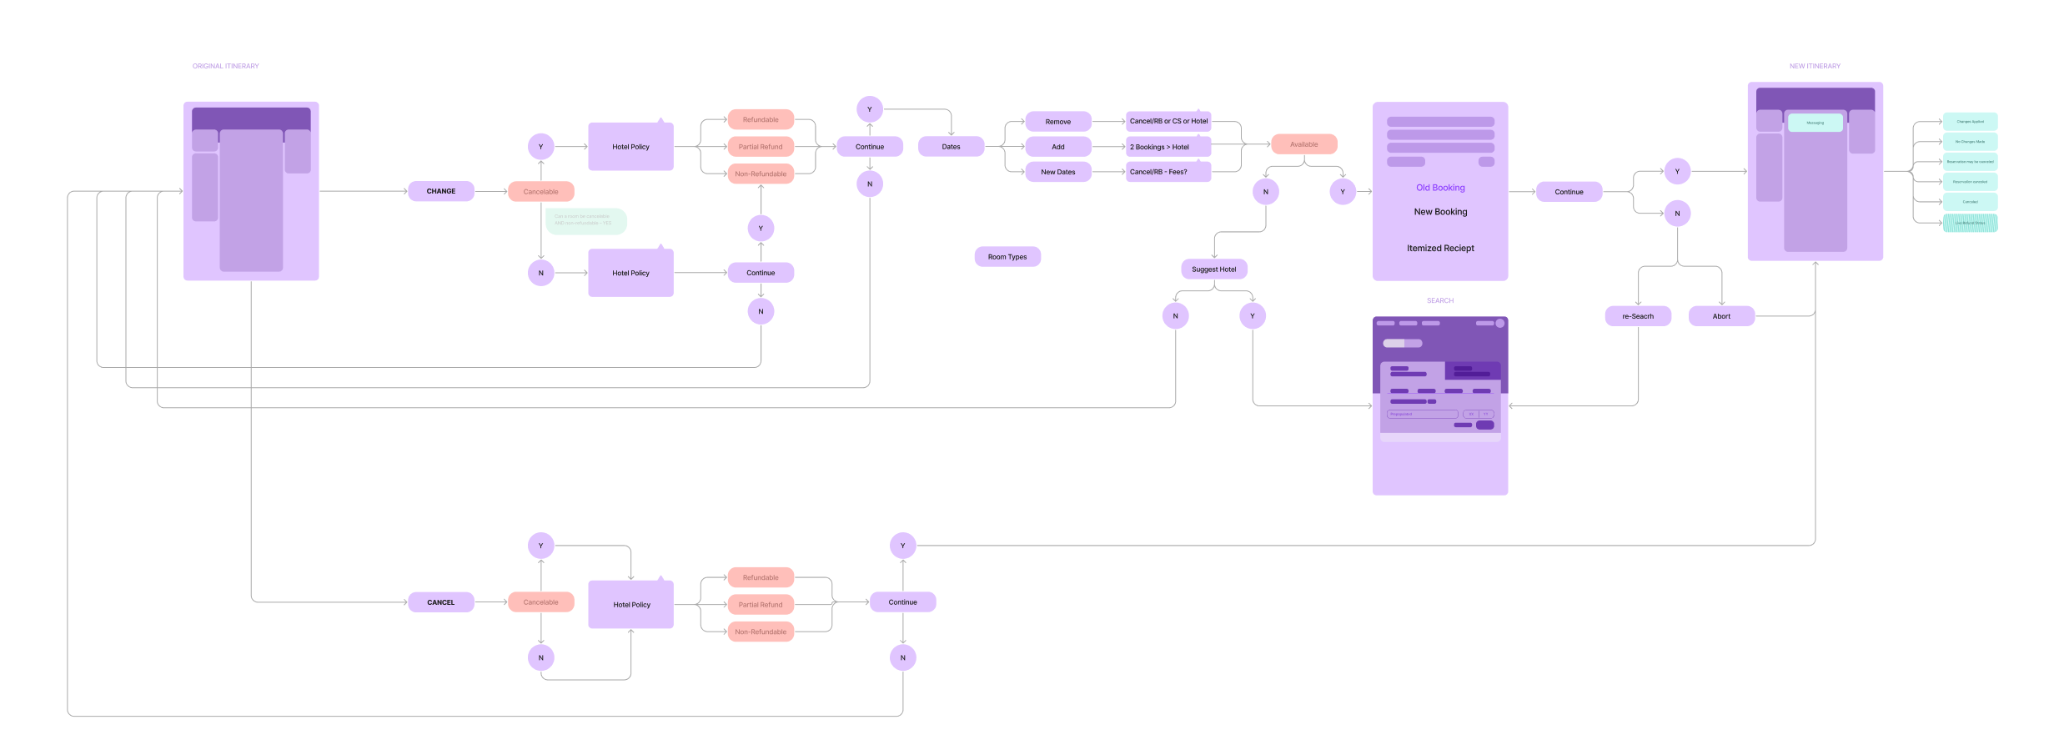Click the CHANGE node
pyautogui.click(x=440, y=191)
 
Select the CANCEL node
pyautogui.click(x=440, y=602)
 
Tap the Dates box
pyautogui.click(x=951, y=147)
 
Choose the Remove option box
pyautogui.click(x=1057, y=122)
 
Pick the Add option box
pyautogui.click(x=1057, y=147)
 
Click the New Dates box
pyautogui.click(x=1057, y=172)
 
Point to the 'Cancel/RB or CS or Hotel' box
pyautogui.click(x=1168, y=121)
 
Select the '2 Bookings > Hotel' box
pyautogui.click(x=1168, y=147)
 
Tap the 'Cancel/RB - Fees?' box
pyautogui.click(x=1168, y=172)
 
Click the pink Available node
pyautogui.click(x=1303, y=144)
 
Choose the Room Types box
pyautogui.click(x=1007, y=257)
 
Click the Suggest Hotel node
pyautogui.click(x=1213, y=269)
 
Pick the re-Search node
pyautogui.click(x=1637, y=316)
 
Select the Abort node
pyautogui.click(x=1721, y=316)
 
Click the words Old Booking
pyautogui.click(x=1440, y=188)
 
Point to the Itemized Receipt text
pyautogui.click(x=1440, y=249)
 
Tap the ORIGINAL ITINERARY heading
pyautogui.click(x=225, y=66)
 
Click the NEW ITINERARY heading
pyautogui.click(x=1815, y=66)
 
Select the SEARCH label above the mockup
pyautogui.click(x=1440, y=300)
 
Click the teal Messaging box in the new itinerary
pyautogui.click(x=1815, y=123)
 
